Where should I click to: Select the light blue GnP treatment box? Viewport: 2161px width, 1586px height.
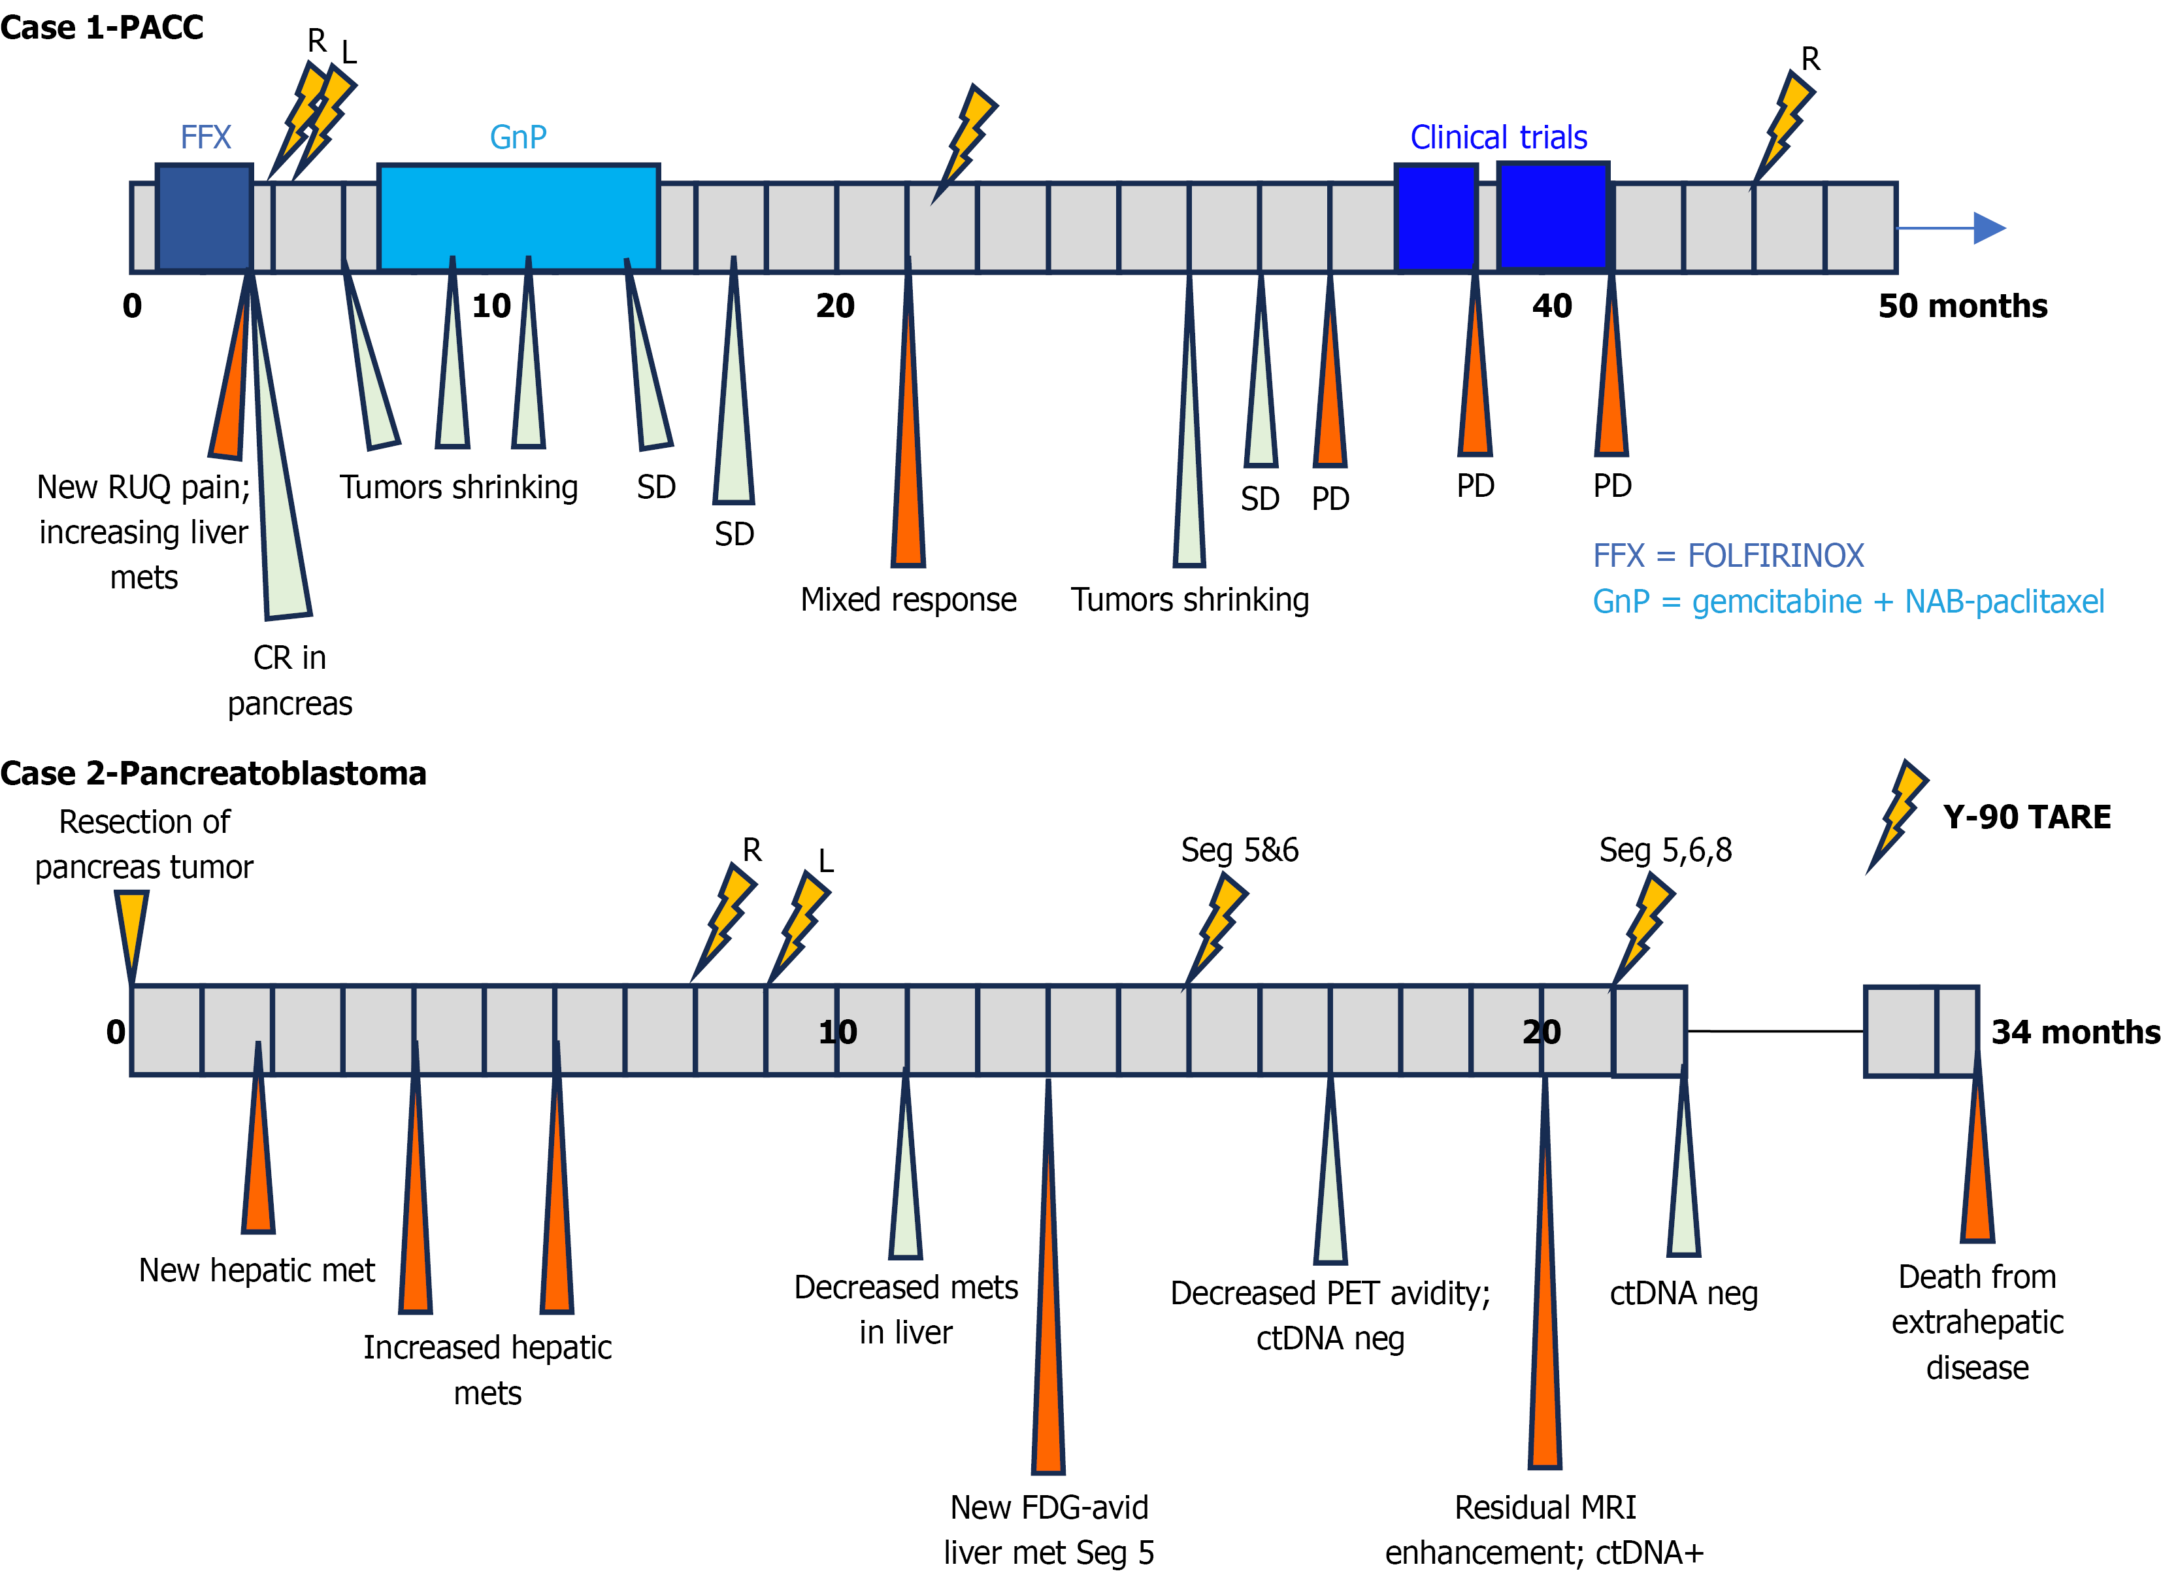tap(518, 218)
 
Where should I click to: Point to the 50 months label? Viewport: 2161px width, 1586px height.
tap(1962, 306)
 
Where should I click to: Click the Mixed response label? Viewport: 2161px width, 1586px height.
tap(908, 600)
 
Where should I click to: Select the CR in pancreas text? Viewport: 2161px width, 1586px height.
tap(289, 681)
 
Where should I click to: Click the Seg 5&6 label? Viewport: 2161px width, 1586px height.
tap(1239, 851)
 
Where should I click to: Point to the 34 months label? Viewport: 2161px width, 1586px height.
tap(2075, 1032)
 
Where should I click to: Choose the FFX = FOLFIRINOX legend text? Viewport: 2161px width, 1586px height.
tap(1727, 556)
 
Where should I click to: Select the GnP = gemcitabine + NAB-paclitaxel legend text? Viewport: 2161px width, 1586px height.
tap(1847, 602)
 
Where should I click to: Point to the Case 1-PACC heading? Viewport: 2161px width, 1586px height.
tap(102, 27)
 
